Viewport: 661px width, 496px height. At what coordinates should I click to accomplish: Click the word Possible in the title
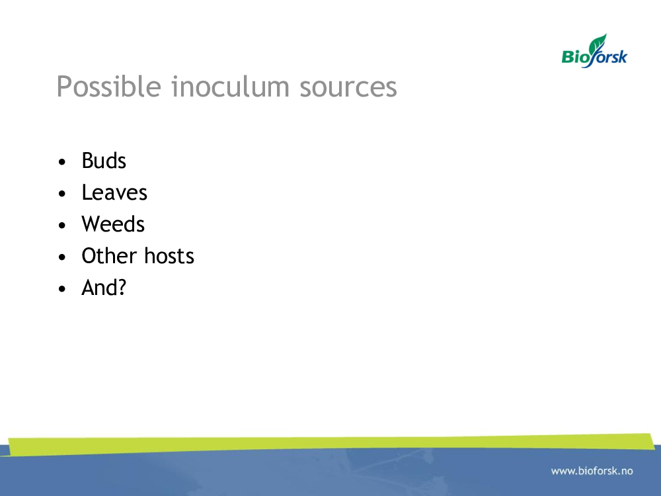(109, 87)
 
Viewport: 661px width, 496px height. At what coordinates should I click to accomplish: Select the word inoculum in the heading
(231, 87)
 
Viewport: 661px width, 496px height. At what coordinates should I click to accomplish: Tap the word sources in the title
(348, 89)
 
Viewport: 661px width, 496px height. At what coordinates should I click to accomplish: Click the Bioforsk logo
(594, 51)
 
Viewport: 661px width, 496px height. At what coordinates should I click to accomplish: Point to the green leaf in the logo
(598, 44)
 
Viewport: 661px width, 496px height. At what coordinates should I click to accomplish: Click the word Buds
(104, 161)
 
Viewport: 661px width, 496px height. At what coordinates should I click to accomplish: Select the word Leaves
(114, 192)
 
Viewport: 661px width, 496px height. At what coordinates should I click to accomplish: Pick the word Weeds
(113, 224)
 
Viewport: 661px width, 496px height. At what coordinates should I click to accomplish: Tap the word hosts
(169, 255)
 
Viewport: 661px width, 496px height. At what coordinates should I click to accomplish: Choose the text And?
(104, 288)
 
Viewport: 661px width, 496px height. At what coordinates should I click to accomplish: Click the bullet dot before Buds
(62, 162)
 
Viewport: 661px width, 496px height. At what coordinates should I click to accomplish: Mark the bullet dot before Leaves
(62, 194)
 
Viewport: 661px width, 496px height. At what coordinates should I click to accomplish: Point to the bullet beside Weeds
(62, 226)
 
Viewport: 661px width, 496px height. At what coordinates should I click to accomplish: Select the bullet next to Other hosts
(62, 257)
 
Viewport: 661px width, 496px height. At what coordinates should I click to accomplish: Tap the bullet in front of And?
(62, 289)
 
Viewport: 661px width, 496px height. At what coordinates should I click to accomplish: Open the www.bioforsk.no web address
(592, 471)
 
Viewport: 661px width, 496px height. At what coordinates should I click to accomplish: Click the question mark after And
(122, 288)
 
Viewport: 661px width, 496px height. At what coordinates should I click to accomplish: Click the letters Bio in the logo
(576, 56)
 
